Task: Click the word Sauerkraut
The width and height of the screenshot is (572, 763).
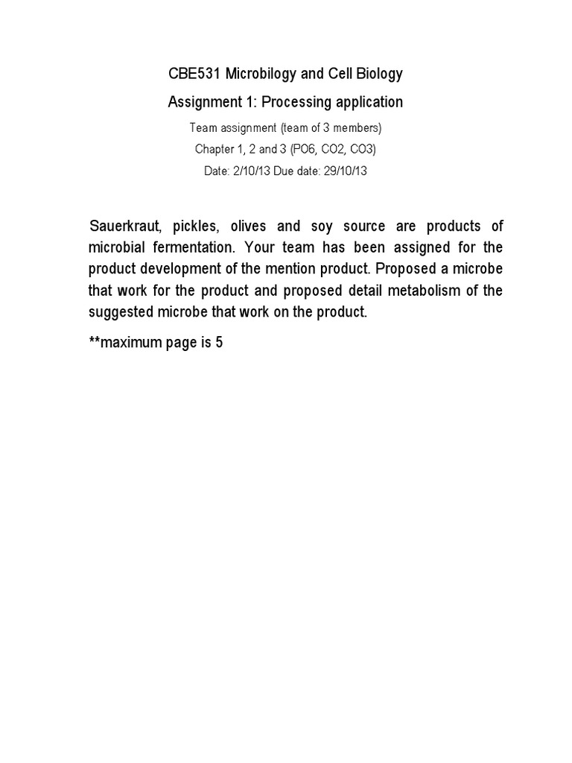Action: point(124,226)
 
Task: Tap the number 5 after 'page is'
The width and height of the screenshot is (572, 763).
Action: point(220,344)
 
